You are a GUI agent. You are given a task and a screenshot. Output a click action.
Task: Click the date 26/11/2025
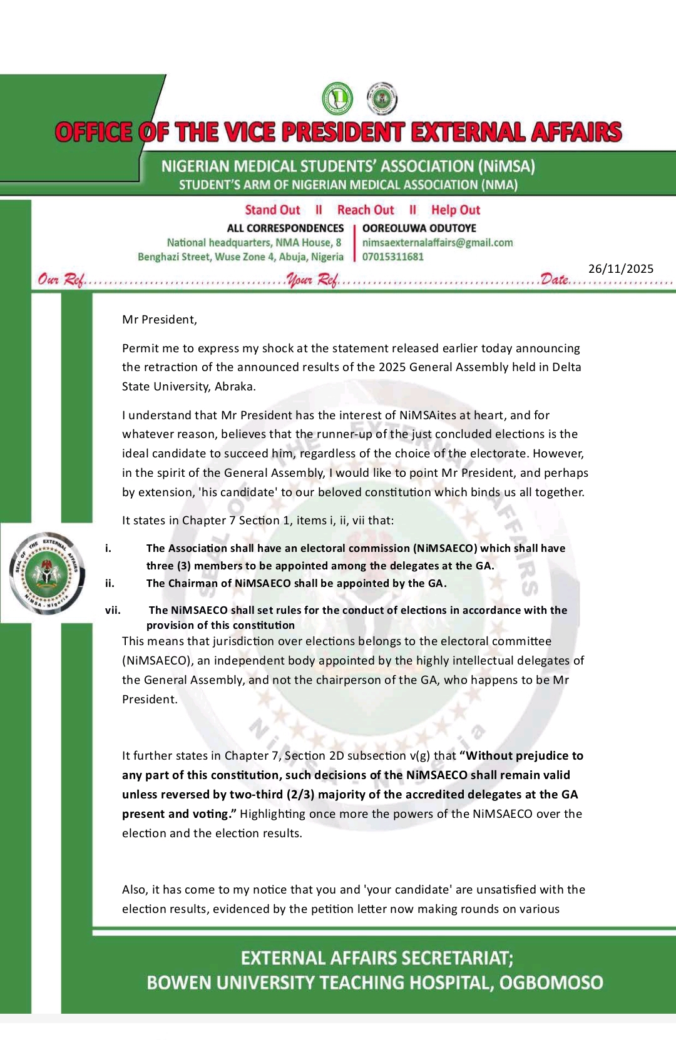(620, 269)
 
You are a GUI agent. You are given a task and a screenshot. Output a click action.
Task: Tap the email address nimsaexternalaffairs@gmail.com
(437, 243)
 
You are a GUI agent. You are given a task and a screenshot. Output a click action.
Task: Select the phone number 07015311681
(392, 257)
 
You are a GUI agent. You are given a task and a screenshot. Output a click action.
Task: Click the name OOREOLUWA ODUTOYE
(419, 228)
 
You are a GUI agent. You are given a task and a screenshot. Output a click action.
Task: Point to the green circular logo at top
(337, 99)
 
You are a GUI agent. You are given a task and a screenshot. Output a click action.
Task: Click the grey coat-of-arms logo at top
(381, 99)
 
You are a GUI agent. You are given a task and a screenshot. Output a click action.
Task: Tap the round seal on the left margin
(47, 573)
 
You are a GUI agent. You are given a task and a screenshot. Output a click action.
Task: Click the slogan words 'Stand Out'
(272, 210)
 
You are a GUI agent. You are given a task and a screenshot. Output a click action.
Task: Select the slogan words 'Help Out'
(455, 210)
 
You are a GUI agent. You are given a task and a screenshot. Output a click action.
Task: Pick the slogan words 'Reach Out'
(366, 210)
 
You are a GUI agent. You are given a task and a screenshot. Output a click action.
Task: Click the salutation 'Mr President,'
(160, 320)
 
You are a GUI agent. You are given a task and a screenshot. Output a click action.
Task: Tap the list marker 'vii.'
(113, 610)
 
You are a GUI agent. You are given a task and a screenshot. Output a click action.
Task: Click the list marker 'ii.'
(110, 583)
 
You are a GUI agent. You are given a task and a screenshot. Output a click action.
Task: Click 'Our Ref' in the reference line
(61, 280)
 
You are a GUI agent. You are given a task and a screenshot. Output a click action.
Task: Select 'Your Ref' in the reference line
(312, 280)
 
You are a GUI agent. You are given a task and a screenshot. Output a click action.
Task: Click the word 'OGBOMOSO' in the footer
(551, 983)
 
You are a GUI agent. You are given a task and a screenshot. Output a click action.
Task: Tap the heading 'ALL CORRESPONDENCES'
(285, 228)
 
